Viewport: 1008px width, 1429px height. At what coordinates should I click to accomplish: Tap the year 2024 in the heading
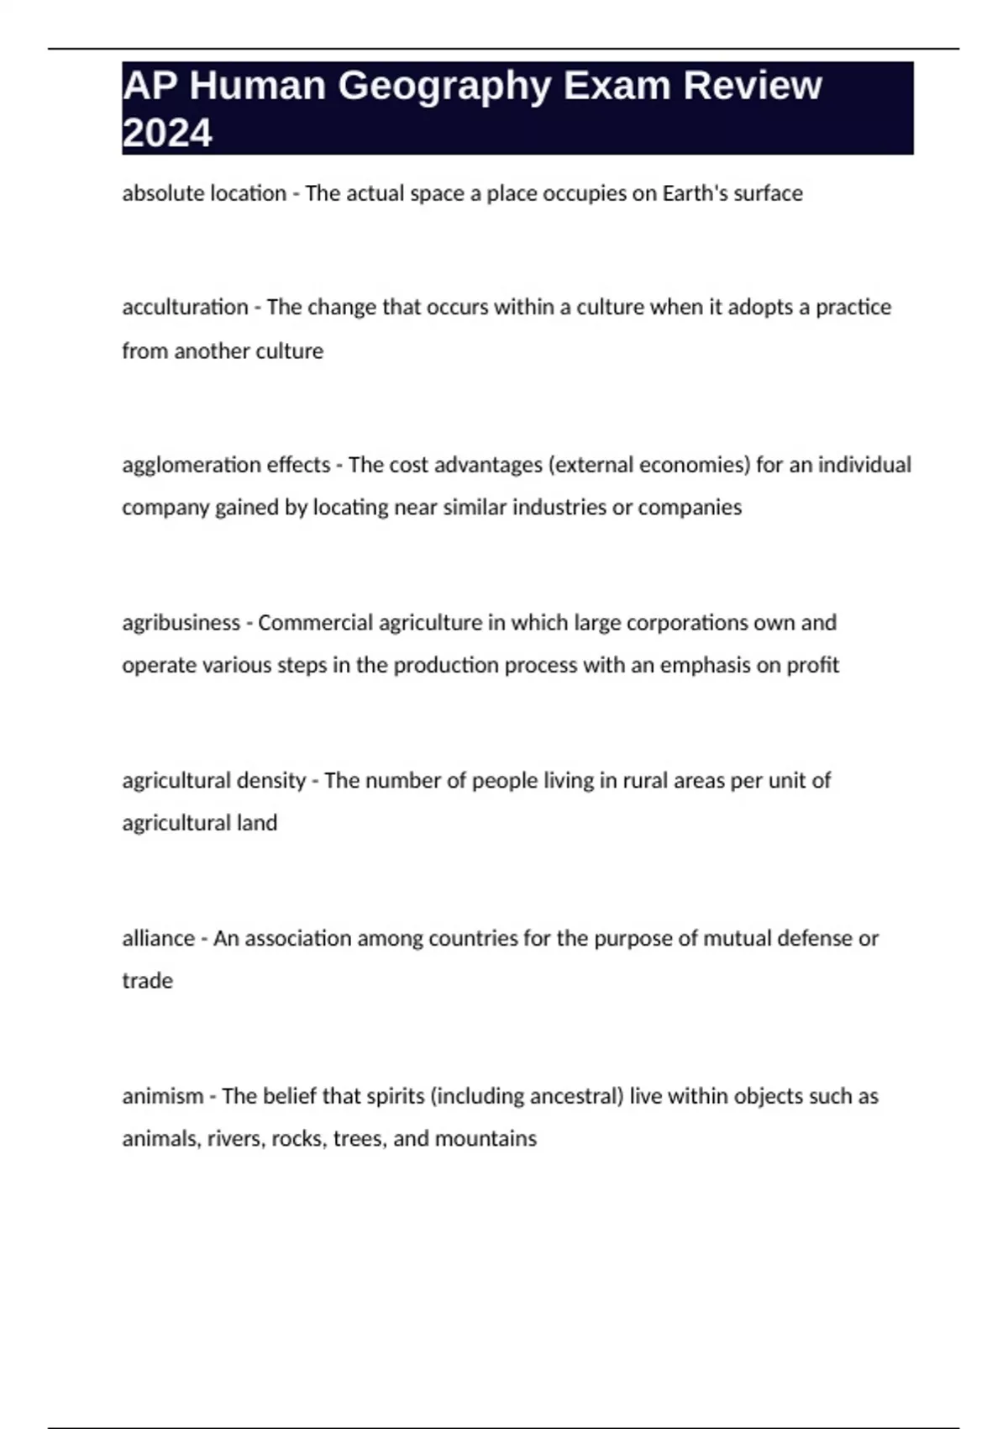[x=167, y=133]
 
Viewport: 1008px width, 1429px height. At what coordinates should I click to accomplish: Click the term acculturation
[x=185, y=307]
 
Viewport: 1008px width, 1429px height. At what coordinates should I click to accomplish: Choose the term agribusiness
[x=181, y=623]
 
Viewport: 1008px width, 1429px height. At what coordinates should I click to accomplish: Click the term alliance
[x=158, y=938]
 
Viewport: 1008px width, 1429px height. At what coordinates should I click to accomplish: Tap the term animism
[x=162, y=1096]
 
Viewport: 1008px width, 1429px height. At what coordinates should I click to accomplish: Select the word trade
[x=147, y=981]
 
